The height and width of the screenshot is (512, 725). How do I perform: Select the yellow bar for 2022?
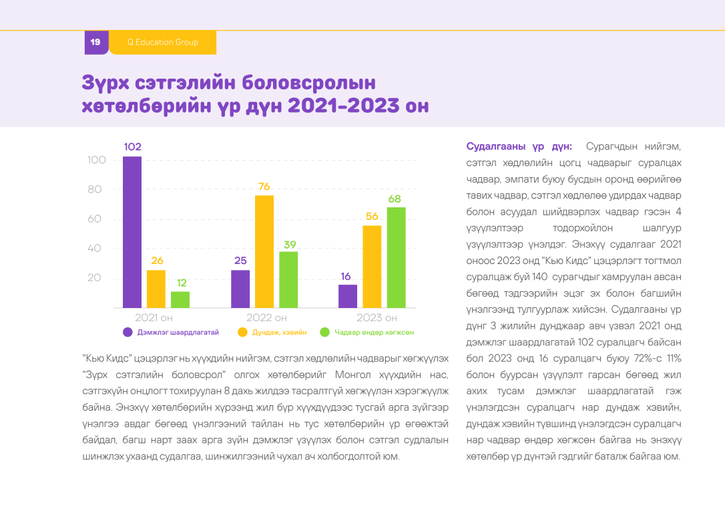coord(264,251)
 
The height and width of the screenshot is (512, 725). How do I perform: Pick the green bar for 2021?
coord(180,299)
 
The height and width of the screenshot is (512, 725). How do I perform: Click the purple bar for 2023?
coord(348,296)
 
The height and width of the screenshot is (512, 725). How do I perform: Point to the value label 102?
coord(132,147)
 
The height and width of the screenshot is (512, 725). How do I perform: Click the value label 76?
coord(264,187)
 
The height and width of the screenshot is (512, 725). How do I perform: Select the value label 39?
coord(289,244)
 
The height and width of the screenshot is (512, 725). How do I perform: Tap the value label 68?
coord(395,199)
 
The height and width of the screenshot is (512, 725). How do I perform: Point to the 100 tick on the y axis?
coord(97,160)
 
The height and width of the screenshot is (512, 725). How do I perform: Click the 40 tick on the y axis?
coord(95,248)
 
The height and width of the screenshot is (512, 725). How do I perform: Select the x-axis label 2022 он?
coord(266,318)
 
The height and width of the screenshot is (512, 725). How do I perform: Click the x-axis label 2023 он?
coord(377,318)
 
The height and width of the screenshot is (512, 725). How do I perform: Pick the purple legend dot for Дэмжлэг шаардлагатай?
coord(127,332)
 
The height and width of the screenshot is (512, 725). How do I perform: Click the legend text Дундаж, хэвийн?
coord(279,332)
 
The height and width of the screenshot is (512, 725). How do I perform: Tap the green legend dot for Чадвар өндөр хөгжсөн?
coord(324,332)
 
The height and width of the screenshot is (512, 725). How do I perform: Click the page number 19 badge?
coord(95,42)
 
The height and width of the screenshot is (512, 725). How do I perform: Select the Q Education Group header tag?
coord(163,42)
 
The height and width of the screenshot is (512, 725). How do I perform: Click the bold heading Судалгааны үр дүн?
coord(518,146)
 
